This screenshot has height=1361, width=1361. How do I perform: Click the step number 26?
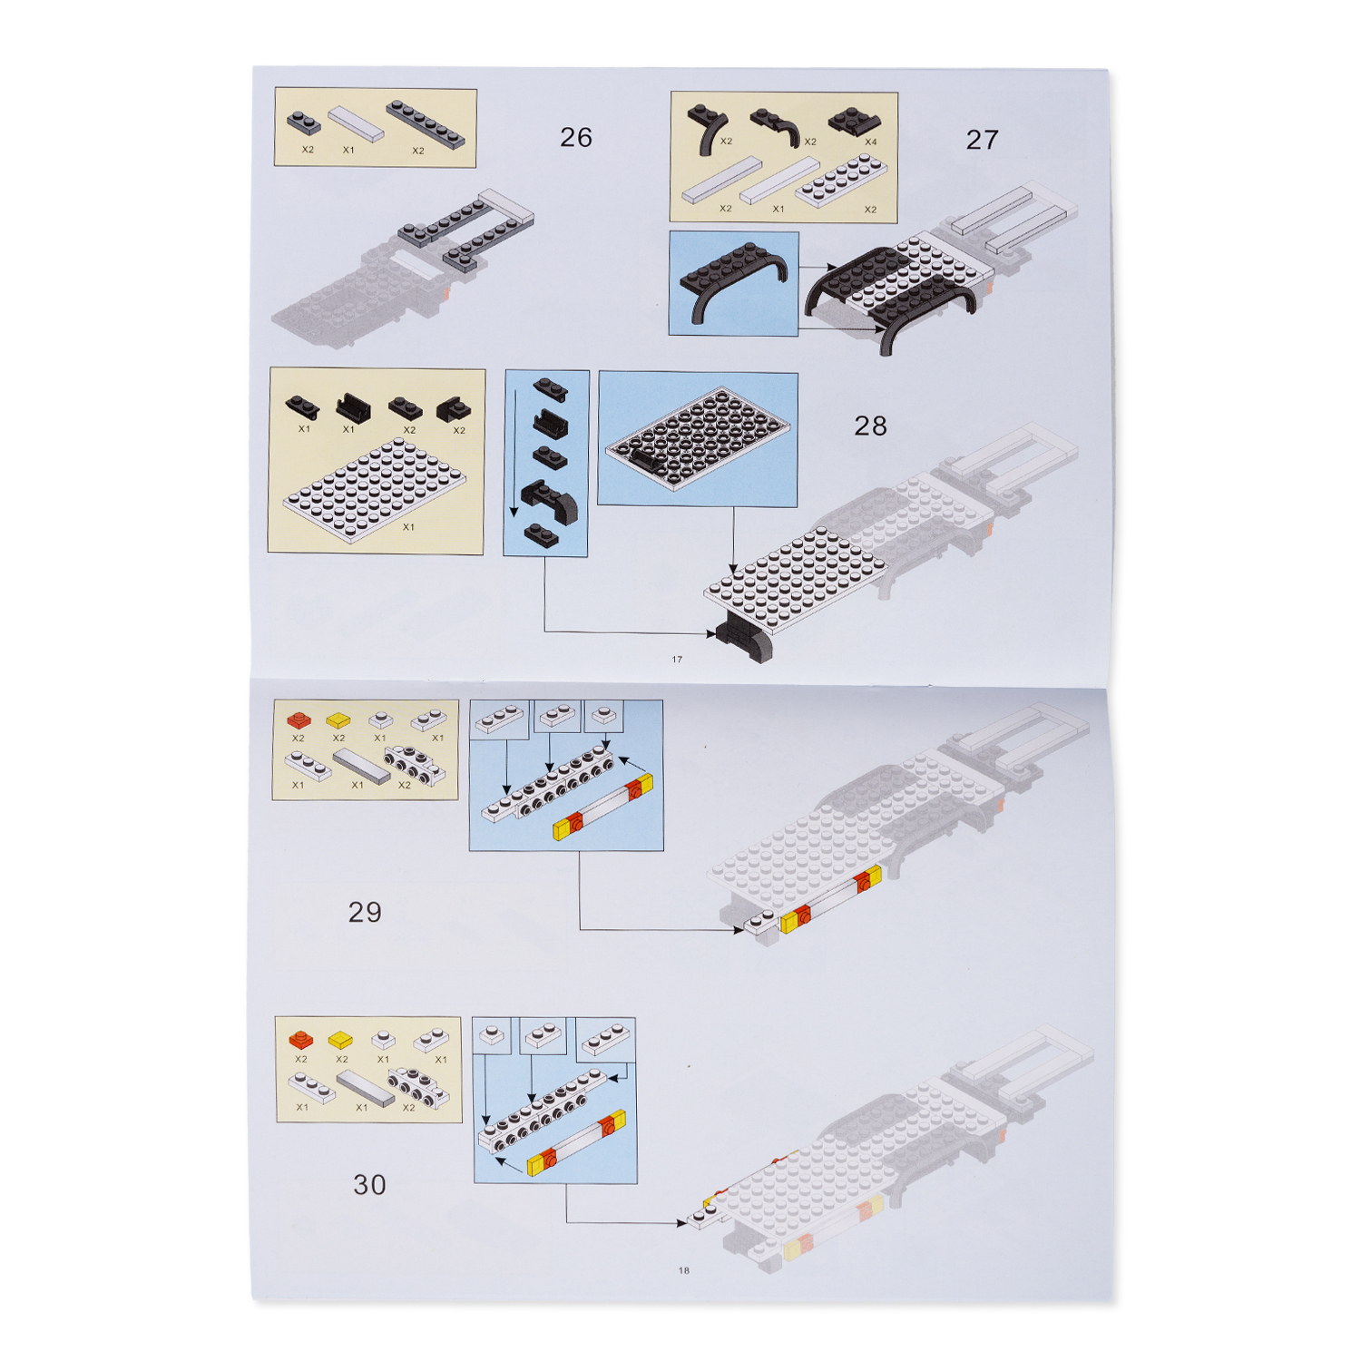pos(575,137)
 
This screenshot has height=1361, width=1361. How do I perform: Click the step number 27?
pos(982,140)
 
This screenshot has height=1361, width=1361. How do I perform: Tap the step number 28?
pos(870,426)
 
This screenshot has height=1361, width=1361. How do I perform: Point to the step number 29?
pos(365,912)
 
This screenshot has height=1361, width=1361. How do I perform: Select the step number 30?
pos(369,1184)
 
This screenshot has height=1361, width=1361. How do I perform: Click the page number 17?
pos(677,660)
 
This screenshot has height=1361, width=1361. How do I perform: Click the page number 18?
pos(684,1270)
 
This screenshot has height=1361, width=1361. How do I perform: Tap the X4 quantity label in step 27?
pos(871,142)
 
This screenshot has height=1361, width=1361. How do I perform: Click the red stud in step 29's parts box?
pos(299,720)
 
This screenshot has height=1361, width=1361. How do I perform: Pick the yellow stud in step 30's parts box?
pos(341,1040)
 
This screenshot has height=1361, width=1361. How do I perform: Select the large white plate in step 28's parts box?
pos(374,491)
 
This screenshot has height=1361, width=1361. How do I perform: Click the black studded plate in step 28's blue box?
pos(697,438)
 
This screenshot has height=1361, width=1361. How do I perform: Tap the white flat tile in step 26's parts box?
pos(356,124)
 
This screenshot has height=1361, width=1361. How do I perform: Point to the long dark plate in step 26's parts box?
pos(426,124)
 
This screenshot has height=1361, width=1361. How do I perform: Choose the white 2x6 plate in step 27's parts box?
pos(841,180)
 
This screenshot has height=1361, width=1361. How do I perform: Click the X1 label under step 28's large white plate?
pos(408,527)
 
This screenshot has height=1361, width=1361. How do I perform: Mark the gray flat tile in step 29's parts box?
pos(362,767)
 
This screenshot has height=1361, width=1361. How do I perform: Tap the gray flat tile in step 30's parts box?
pos(366,1088)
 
